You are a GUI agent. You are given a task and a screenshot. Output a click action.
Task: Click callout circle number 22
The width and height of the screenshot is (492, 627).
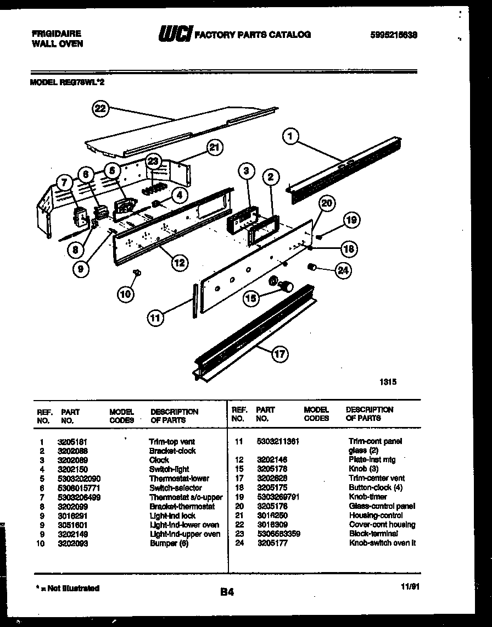(99, 109)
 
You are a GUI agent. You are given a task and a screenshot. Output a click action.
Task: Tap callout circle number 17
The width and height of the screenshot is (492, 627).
(280, 354)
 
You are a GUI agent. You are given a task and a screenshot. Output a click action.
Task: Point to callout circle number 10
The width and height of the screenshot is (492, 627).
(126, 294)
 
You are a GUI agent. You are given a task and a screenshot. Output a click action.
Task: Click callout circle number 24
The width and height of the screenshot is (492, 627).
(343, 270)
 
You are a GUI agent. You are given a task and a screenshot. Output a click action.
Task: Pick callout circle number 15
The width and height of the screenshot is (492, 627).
(251, 298)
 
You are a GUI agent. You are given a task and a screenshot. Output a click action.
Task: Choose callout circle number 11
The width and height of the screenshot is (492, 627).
(156, 317)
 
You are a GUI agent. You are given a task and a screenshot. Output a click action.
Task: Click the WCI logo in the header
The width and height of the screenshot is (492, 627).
(175, 35)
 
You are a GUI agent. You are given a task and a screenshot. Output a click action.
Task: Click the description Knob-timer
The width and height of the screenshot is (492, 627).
(368, 497)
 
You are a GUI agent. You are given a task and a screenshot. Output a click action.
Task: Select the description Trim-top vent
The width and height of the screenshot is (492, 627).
(172, 441)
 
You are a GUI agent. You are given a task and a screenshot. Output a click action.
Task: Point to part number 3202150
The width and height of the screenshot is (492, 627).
(72, 469)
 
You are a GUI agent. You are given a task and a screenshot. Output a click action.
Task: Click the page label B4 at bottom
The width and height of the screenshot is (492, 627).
(227, 592)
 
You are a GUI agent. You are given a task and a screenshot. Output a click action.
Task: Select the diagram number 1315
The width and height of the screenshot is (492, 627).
(388, 382)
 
